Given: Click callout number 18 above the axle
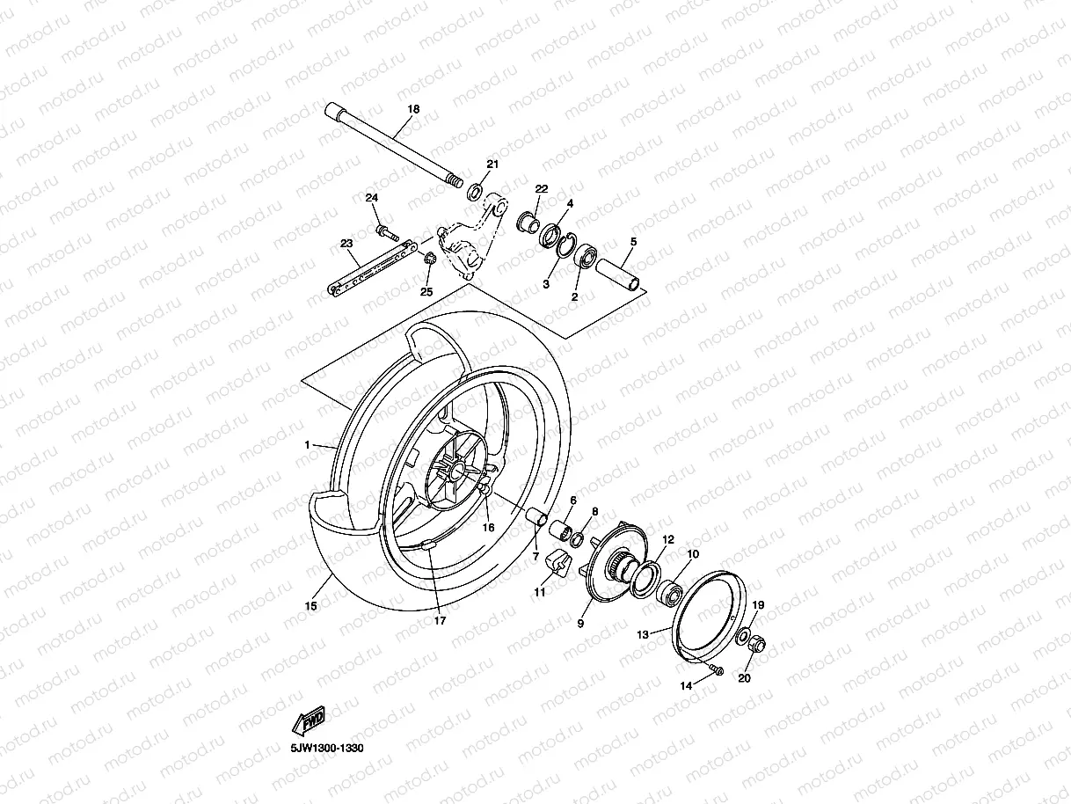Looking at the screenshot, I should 413,109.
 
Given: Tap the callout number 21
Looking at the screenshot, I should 492,164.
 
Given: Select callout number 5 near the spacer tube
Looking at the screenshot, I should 633,241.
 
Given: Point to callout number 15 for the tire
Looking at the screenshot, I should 310,606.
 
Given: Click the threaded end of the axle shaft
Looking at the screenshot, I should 455,181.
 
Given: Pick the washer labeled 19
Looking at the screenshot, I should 744,635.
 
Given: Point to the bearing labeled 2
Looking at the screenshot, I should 584,258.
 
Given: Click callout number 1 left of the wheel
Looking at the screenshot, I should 308,445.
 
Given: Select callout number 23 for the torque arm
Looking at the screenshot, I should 346,243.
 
